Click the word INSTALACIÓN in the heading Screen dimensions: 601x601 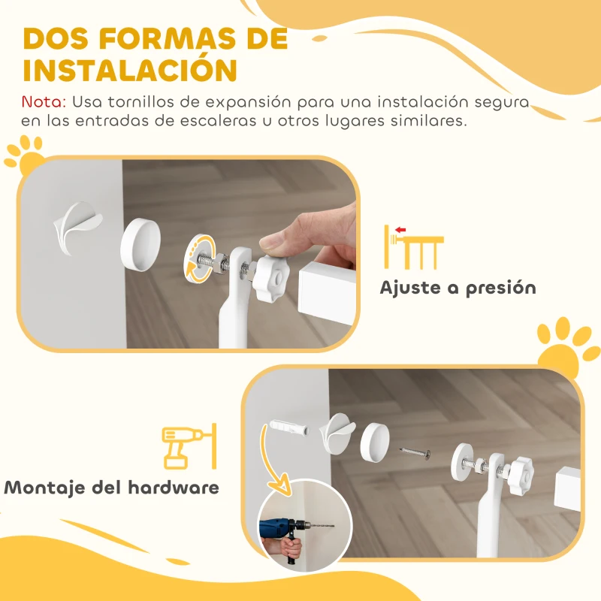(130, 69)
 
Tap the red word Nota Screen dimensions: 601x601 (44, 101)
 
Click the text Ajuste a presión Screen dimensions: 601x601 (458, 288)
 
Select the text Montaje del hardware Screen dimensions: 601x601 (112, 487)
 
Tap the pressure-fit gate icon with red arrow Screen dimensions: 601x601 (413, 246)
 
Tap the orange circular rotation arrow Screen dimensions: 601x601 (201, 259)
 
